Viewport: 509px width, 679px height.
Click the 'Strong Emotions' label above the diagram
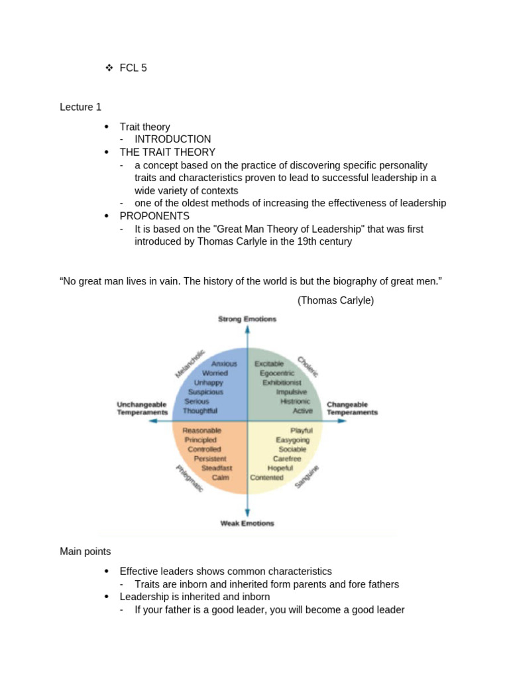[x=247, y=319]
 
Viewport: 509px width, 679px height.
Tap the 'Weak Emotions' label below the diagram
[x=247, y=523]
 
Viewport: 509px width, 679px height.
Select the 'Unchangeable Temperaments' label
[x=142, y=408]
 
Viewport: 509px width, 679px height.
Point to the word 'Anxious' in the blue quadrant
[x=224, y=364]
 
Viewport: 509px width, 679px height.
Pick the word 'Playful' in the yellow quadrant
[x=301, y=430]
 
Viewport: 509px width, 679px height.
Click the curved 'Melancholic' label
[x=190, y=363]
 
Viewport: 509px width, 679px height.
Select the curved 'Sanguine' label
[x=307, y=477]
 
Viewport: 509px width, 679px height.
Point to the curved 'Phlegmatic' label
[x=189, y=478]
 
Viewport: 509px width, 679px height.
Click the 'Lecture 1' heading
[x=80, y=107]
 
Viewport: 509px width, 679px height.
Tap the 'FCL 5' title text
[x=133, y=68]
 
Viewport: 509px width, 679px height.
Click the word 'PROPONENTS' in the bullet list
[x=154, y=216]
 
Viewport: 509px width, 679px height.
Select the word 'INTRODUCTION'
[x=172, y=139]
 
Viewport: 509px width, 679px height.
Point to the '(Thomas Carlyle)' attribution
[x=335, y=300]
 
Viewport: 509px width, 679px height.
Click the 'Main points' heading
[x=85, y=551]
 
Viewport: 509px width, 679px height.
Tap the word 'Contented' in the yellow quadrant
[x=266, y=477]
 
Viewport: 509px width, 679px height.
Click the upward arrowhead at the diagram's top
[x=247, y=332]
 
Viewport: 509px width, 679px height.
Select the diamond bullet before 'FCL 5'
[x=109, y=68]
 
